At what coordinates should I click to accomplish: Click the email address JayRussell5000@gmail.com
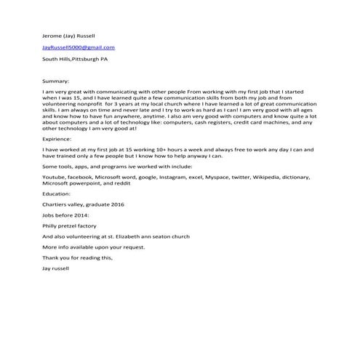click(x=79, y=47)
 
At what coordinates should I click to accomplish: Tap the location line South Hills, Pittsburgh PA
click(x=75, y=60)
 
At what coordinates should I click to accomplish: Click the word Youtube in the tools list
click(x=55, y=177)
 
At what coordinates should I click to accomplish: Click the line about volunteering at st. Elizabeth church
click(x=110, y=237)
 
